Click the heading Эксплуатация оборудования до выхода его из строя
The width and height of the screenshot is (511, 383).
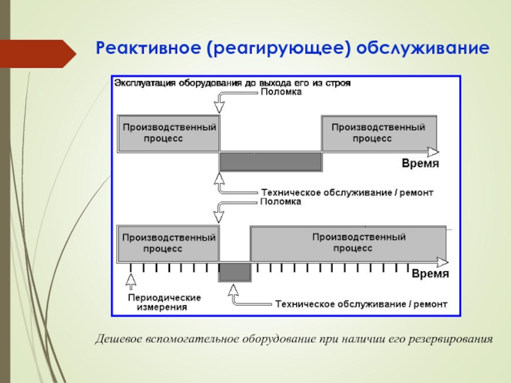(233, 83)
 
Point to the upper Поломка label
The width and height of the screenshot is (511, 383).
(281, 92)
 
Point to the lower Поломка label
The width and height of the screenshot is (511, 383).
(281, 201)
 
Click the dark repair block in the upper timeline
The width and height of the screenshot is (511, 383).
(271, 161)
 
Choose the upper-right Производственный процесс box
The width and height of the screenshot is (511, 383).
(379, 133)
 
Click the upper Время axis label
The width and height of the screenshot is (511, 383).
(420, 163)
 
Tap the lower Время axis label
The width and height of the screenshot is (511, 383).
(429, 274)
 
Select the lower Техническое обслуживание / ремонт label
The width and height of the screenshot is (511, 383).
(361, 304)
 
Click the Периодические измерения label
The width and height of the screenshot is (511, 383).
(164, 302)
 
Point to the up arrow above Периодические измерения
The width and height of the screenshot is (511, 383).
(131, 280)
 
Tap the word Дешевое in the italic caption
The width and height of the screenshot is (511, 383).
(117, 338)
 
